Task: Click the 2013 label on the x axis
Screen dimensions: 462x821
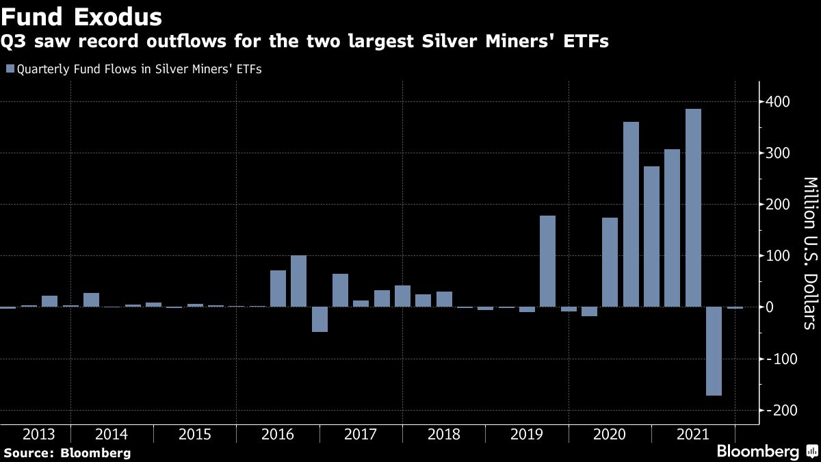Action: tap(39, 434)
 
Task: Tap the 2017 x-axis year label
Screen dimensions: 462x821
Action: tap(361, 434)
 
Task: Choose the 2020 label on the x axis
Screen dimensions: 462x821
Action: tap(610, 434)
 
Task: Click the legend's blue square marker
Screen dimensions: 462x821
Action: tap(9, 68)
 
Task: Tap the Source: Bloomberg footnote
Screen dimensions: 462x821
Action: tap(67, 452)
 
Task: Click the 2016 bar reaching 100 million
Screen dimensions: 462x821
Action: tap(298, 281)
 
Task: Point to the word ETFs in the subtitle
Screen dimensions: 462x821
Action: tap(584, 42)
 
